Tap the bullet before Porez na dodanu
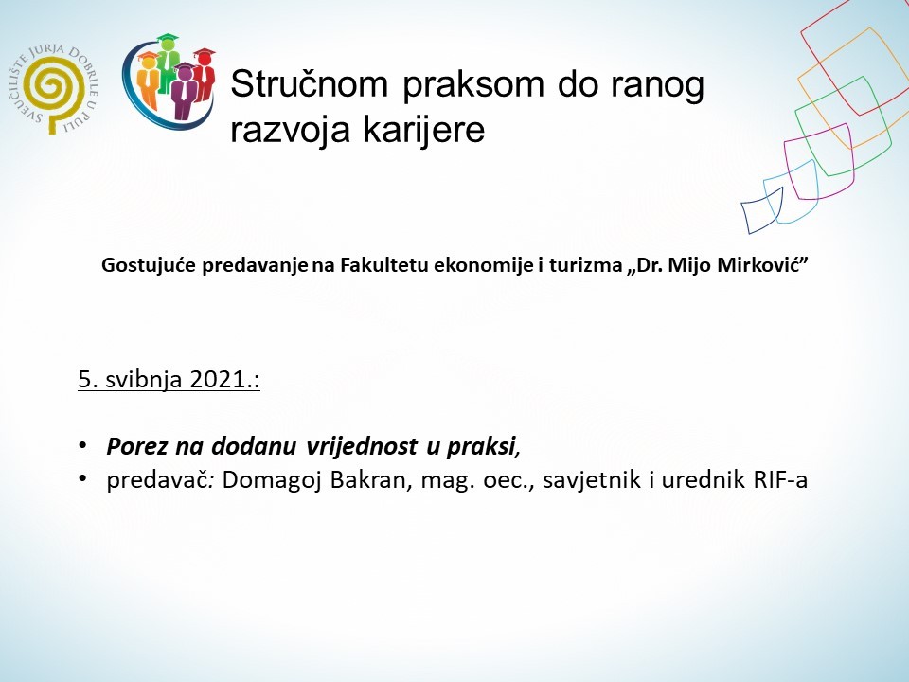point(82,445)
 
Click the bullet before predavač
point(82,480)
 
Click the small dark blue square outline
point(762,209)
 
